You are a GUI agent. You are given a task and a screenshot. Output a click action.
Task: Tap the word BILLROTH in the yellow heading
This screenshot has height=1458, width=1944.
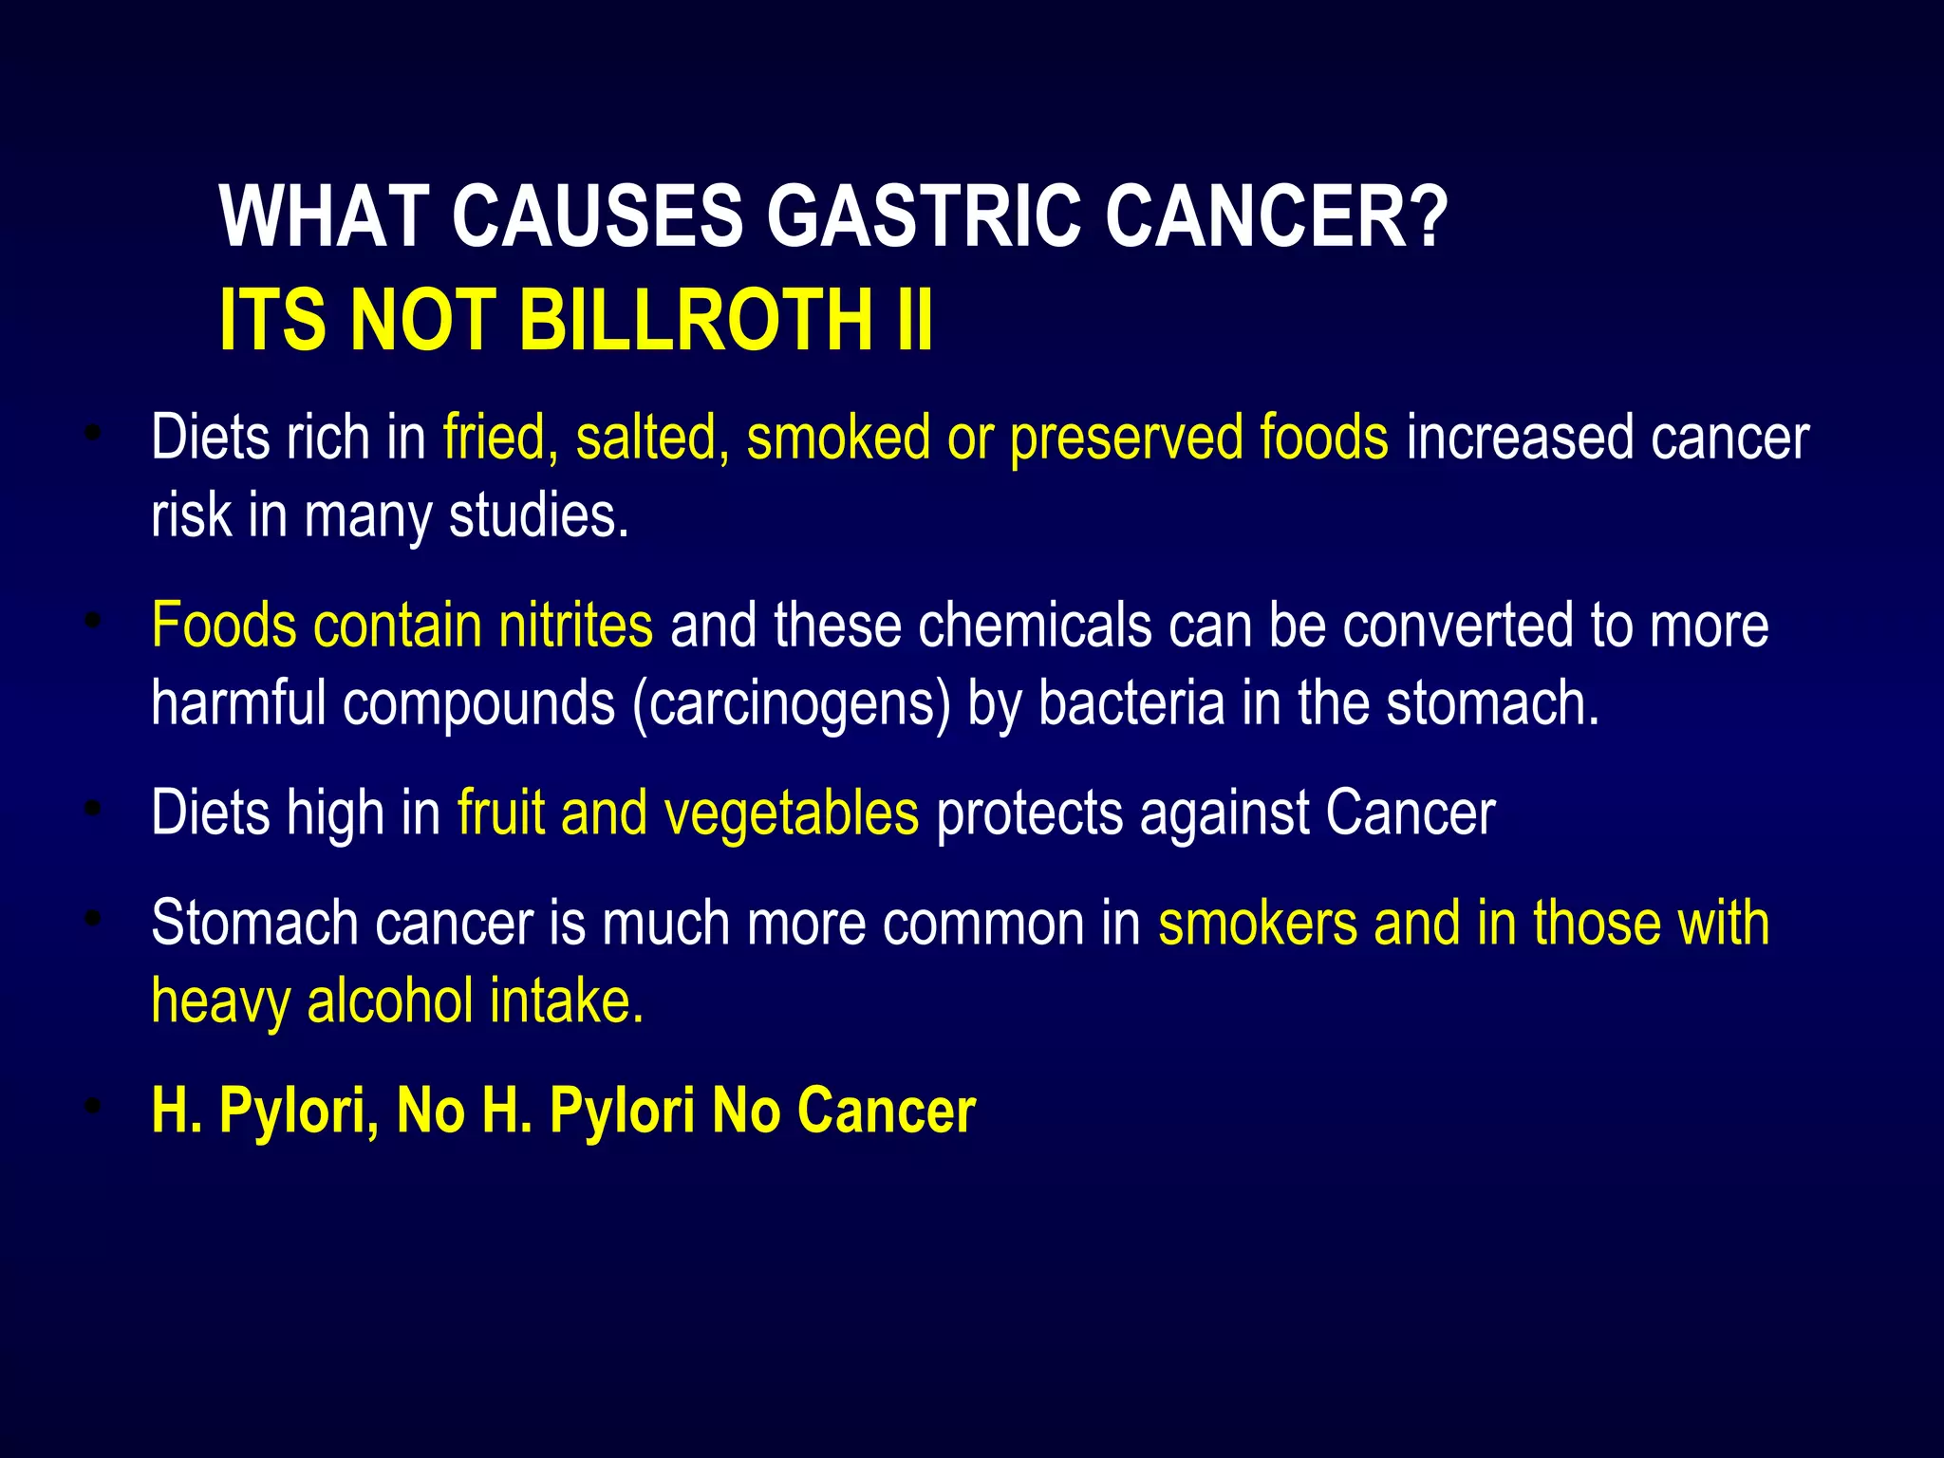696,320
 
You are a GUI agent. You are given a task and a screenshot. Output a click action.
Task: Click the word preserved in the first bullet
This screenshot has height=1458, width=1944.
1126,439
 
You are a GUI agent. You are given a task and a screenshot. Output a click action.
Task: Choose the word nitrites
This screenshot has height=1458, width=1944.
576,626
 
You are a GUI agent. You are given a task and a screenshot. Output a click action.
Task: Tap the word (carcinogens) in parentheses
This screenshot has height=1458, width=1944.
792,705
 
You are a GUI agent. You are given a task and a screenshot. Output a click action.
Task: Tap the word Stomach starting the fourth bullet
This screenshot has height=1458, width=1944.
254,923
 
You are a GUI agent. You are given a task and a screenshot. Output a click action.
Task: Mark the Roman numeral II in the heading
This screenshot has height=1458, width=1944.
913,320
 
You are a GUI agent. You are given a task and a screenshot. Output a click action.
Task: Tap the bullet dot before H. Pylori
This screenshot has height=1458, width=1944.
92,1106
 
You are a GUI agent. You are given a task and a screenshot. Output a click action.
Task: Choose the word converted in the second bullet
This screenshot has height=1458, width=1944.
1457,626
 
